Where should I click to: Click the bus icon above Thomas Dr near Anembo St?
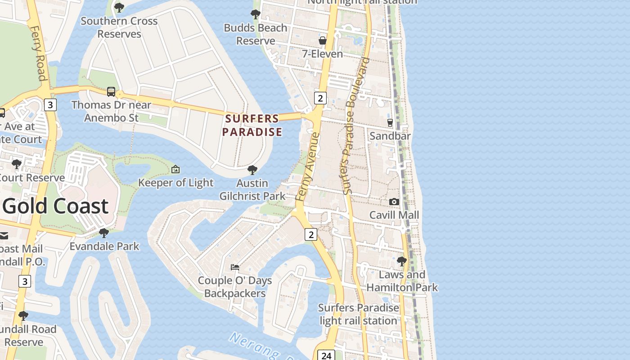coord(111,92)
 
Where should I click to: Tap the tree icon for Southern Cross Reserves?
coord(119,8)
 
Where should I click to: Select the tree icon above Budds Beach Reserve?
coord(256,14)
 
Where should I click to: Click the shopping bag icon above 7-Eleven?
coord(323,41)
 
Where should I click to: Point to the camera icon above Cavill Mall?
coord(394,202)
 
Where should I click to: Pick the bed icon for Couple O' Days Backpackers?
coord(235,267)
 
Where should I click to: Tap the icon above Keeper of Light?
coord(175,170)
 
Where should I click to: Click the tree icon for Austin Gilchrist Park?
coord(252,170)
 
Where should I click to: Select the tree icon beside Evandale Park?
coord(104,233)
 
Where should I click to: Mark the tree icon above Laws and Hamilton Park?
coord(402,261)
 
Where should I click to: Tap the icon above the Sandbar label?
coord(390,122)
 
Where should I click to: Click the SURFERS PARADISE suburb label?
coord(252,125)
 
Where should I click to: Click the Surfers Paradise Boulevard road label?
coord(355,126)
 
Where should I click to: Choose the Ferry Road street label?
coord(38,53)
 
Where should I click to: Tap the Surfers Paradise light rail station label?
coord(359,314)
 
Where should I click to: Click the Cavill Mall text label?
coord(394,215)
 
